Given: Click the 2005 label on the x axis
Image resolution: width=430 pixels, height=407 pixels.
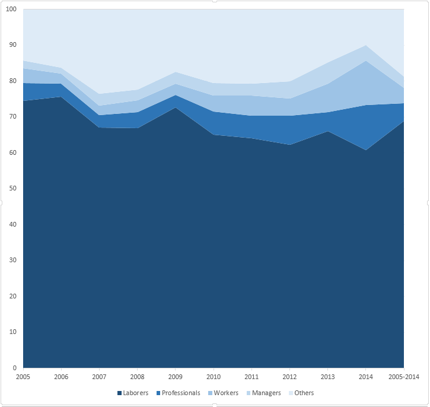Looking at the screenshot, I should coord(23,377).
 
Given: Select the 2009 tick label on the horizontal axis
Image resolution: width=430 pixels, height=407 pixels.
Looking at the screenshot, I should coord(176,377).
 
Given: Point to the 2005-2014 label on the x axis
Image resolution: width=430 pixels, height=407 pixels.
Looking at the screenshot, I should coord(403,377).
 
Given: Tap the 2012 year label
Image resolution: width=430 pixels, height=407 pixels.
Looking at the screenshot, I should coord(289,377).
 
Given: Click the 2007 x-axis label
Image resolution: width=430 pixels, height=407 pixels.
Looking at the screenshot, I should coord(99,377).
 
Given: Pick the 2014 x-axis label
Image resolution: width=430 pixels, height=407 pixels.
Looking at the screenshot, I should coord(366,377).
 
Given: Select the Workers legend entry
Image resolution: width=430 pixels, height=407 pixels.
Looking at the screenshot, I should coord(226,393).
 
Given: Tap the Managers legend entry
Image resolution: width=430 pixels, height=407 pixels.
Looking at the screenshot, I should coord(266,393).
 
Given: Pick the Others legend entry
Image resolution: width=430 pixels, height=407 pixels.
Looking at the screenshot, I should coord(304,393).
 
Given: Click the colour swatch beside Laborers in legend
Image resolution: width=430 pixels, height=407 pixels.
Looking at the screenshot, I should coord(120,393).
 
